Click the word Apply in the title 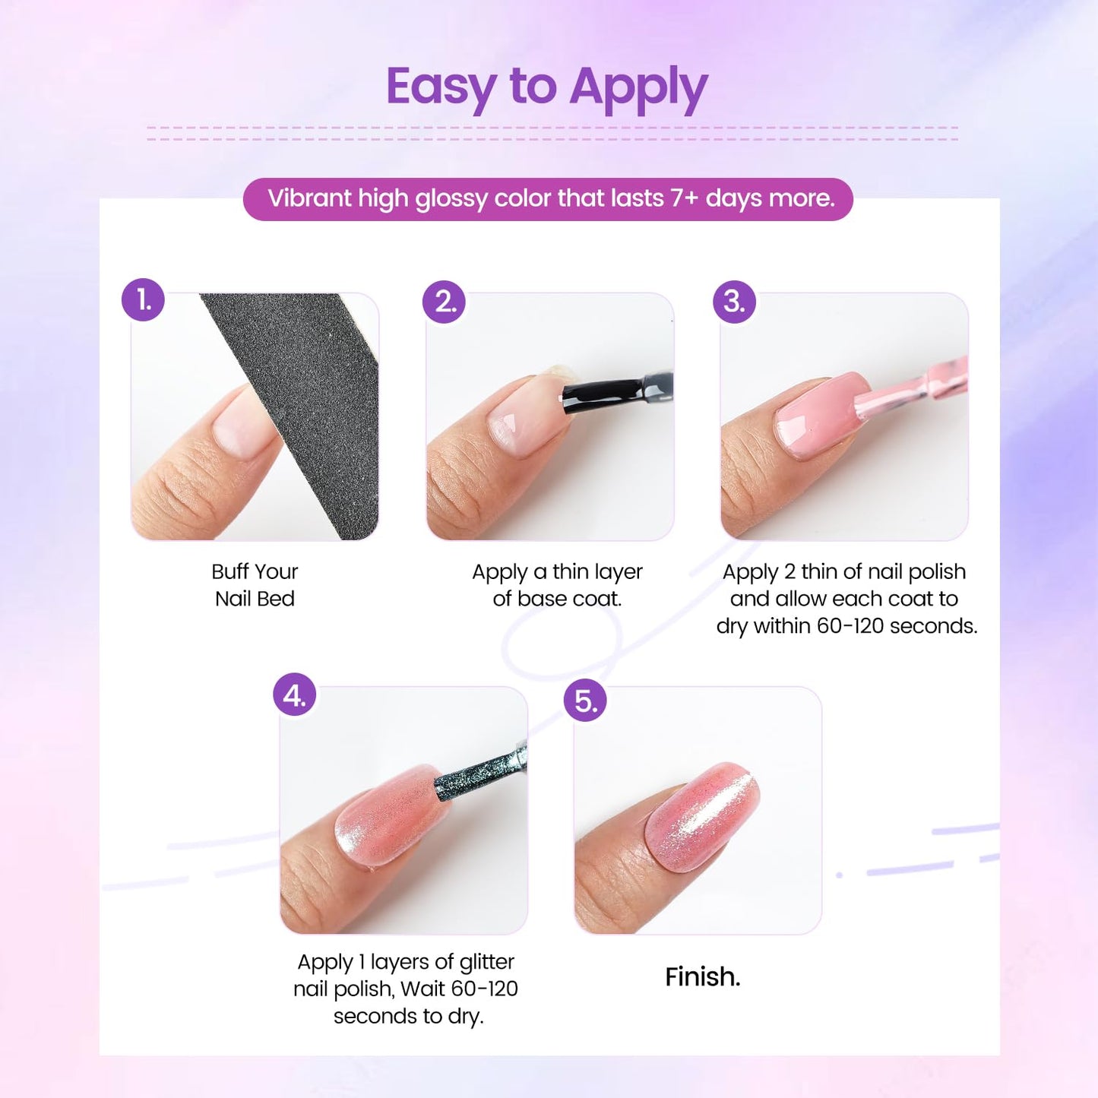tap(638, 88)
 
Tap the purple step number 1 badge tap(143, 299)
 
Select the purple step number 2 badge tap(444, 302)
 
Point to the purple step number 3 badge tap(734, 302)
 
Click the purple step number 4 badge tap(295, 695)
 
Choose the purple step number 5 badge tap(585, 701)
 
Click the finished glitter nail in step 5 tap(703, 817)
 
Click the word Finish tap(702, 976)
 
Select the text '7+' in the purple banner tap(683, 198)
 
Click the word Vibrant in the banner tap(309, 198)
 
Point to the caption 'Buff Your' tap(255, 571)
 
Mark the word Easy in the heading tap(441, 88)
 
